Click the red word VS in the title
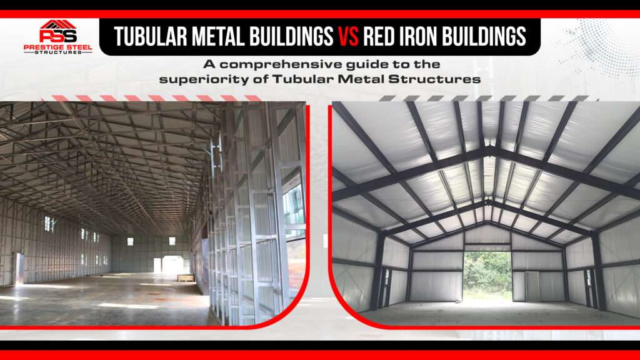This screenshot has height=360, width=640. coord(348,37)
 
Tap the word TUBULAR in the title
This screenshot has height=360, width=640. coord(151,37)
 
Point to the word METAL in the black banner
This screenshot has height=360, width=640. coord(218,37)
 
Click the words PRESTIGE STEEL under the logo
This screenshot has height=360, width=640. coord(58,47)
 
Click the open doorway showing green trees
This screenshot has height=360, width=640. coord(487,273)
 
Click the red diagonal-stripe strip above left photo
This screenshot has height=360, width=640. coord(152,98)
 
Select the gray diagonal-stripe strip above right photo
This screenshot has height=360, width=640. coord(487,98)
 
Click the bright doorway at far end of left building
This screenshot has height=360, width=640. coord(157,265)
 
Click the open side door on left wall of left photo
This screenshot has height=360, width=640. coord(19,268)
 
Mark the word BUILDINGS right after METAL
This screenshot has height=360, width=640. coord(291,37)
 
